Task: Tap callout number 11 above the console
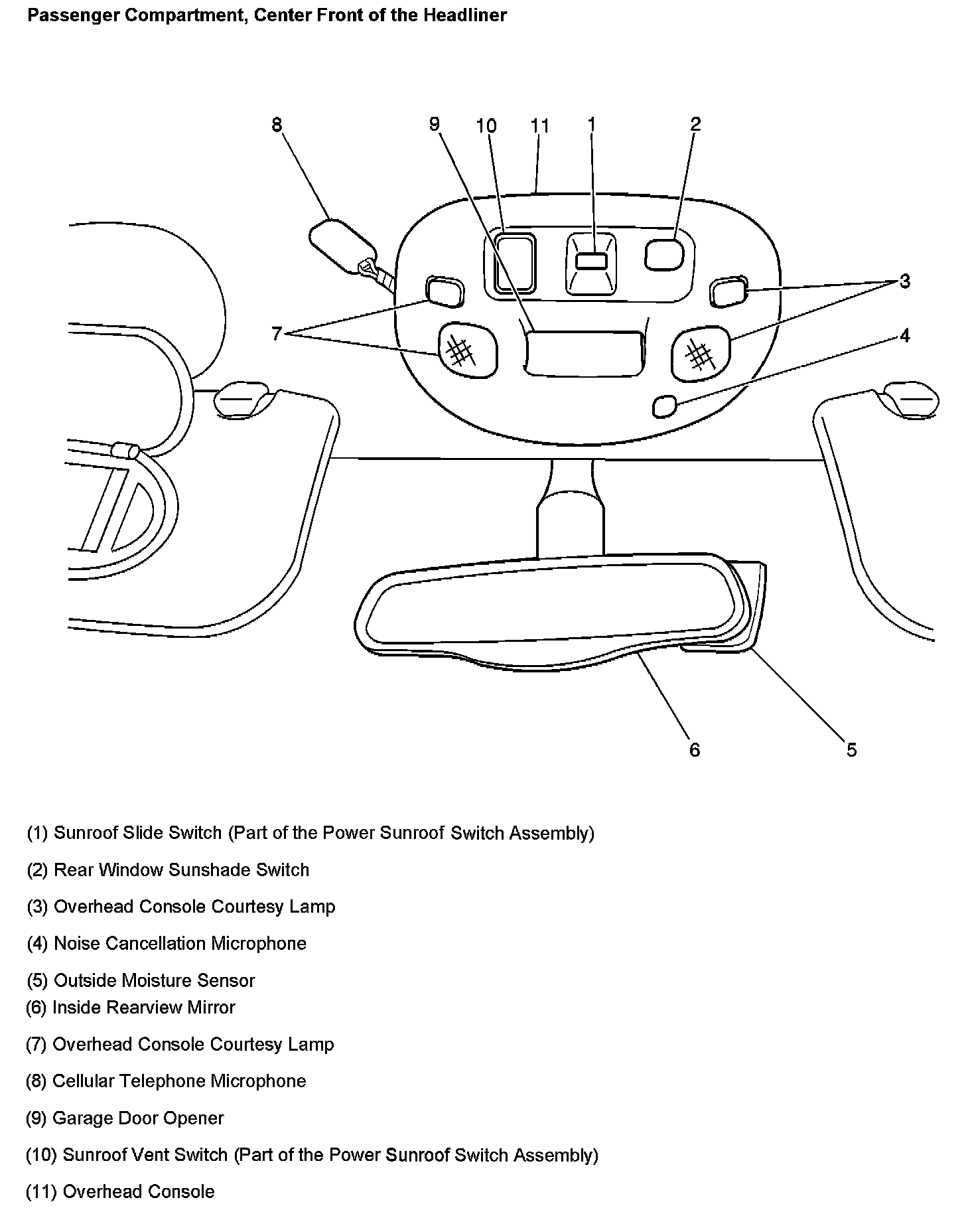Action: [540, 125]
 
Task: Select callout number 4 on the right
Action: [905, 335]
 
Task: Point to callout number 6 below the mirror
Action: [695, 749]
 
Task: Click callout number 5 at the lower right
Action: [851, 749]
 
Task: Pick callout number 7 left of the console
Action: [277, 333]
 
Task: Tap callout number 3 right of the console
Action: [905, 281]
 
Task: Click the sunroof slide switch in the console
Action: [590, 261]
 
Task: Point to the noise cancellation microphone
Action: [664, 406]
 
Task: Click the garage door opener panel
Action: [584, 352]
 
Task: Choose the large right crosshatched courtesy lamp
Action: [700, 352]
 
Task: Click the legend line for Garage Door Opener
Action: [125, 1118]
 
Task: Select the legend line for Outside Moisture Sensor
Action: [141, 980]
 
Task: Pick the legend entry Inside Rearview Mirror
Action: [131, 1007]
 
